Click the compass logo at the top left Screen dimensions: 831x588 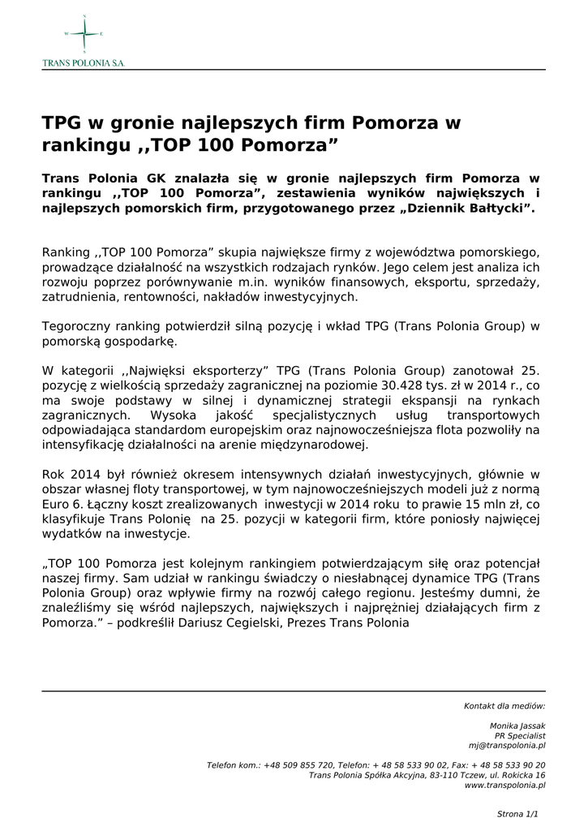click(84, 34)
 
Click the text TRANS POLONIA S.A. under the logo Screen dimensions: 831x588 click(84, 62)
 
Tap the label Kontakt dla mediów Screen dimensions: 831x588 click(504, 706)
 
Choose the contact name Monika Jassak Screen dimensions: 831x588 click(517, 726)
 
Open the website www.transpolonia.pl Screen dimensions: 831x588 click(504, 785)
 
